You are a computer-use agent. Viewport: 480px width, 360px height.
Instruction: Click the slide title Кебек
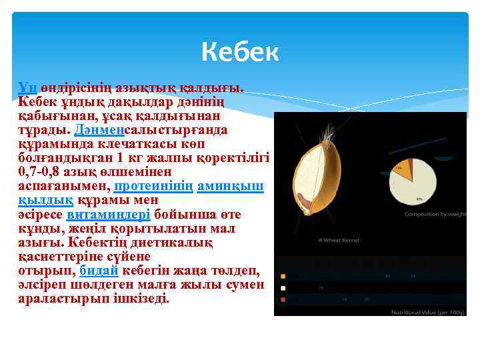point(240,51)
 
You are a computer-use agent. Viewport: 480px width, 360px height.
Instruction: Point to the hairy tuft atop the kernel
point(327,136)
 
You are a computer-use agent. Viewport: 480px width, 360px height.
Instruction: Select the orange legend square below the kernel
point(283,276)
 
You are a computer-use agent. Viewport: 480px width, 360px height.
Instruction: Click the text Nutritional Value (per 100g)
point(427,311)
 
